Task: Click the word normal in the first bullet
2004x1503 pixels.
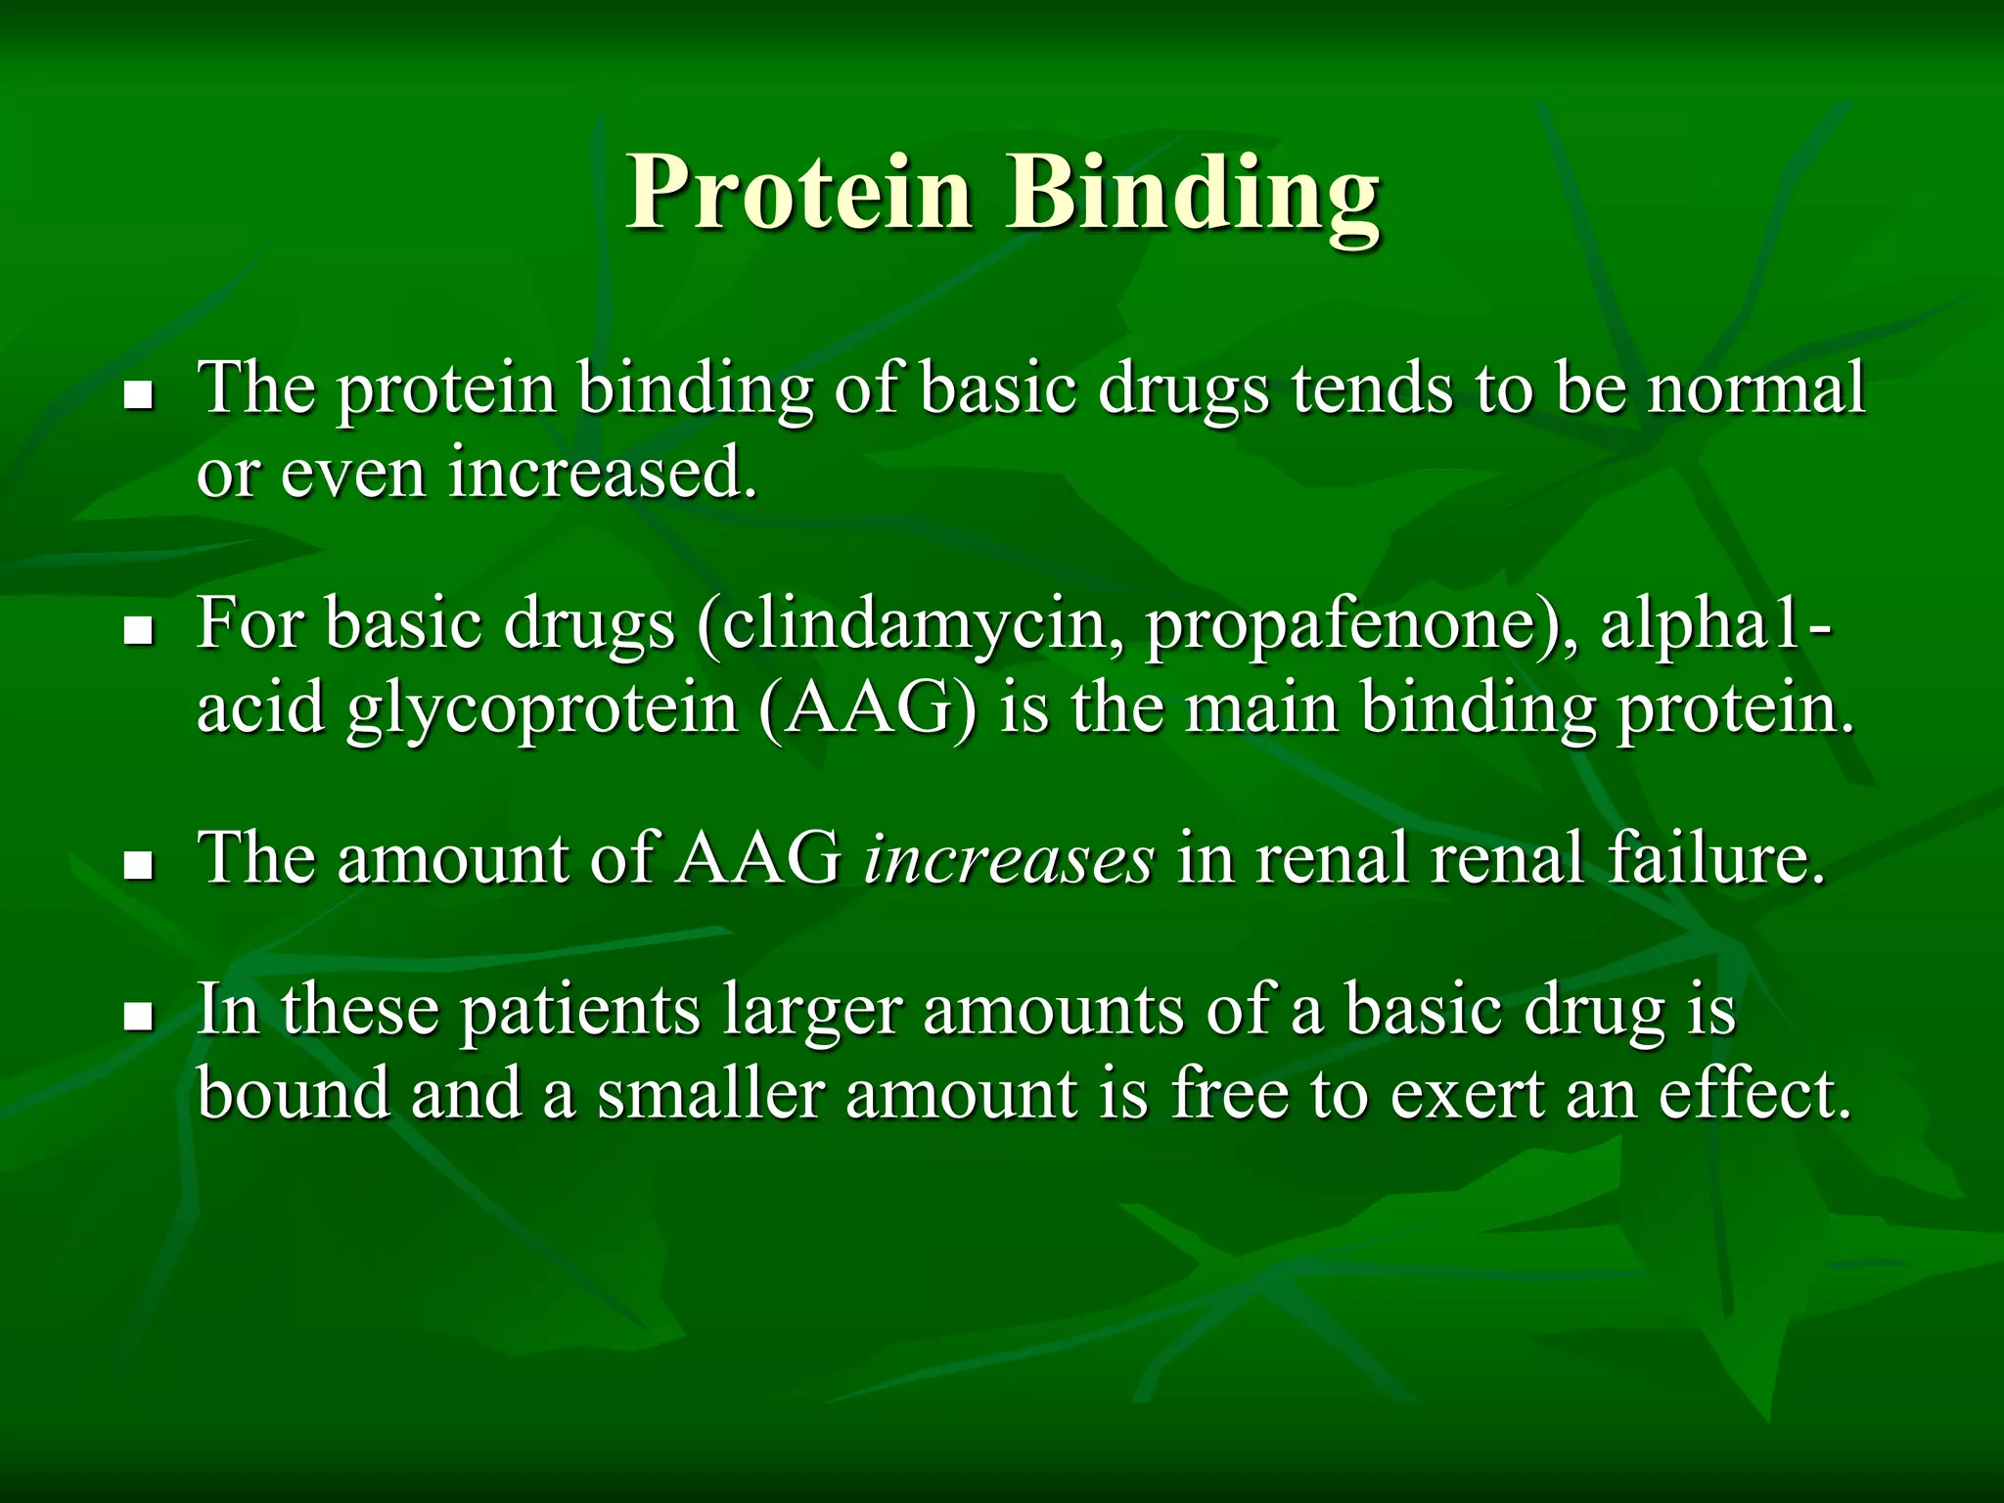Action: [x=1756, y=389]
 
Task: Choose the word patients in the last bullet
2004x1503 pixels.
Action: [x=579, y=1012]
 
